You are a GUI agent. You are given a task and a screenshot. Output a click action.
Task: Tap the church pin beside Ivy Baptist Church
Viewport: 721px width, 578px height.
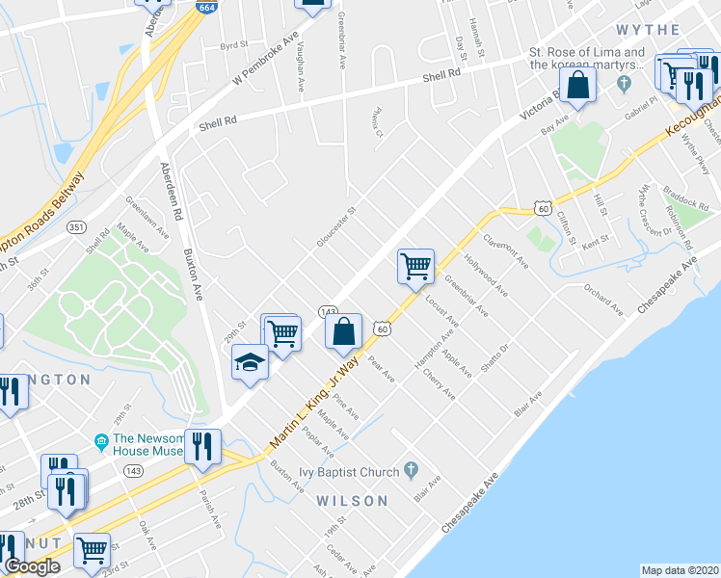412,470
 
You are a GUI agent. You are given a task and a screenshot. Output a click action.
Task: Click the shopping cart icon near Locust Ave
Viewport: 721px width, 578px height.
415,265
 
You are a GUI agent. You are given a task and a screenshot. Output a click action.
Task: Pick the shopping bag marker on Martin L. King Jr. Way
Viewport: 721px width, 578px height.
343,331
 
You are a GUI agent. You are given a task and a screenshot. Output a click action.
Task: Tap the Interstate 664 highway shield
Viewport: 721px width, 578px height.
207,8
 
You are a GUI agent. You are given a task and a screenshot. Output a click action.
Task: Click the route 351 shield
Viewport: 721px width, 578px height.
76,227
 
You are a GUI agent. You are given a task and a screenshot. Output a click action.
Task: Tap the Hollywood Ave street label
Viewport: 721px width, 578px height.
484,276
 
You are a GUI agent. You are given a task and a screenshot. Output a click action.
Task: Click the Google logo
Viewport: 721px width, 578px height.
32,566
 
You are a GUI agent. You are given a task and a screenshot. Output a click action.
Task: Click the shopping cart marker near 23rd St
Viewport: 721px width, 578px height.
92,550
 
